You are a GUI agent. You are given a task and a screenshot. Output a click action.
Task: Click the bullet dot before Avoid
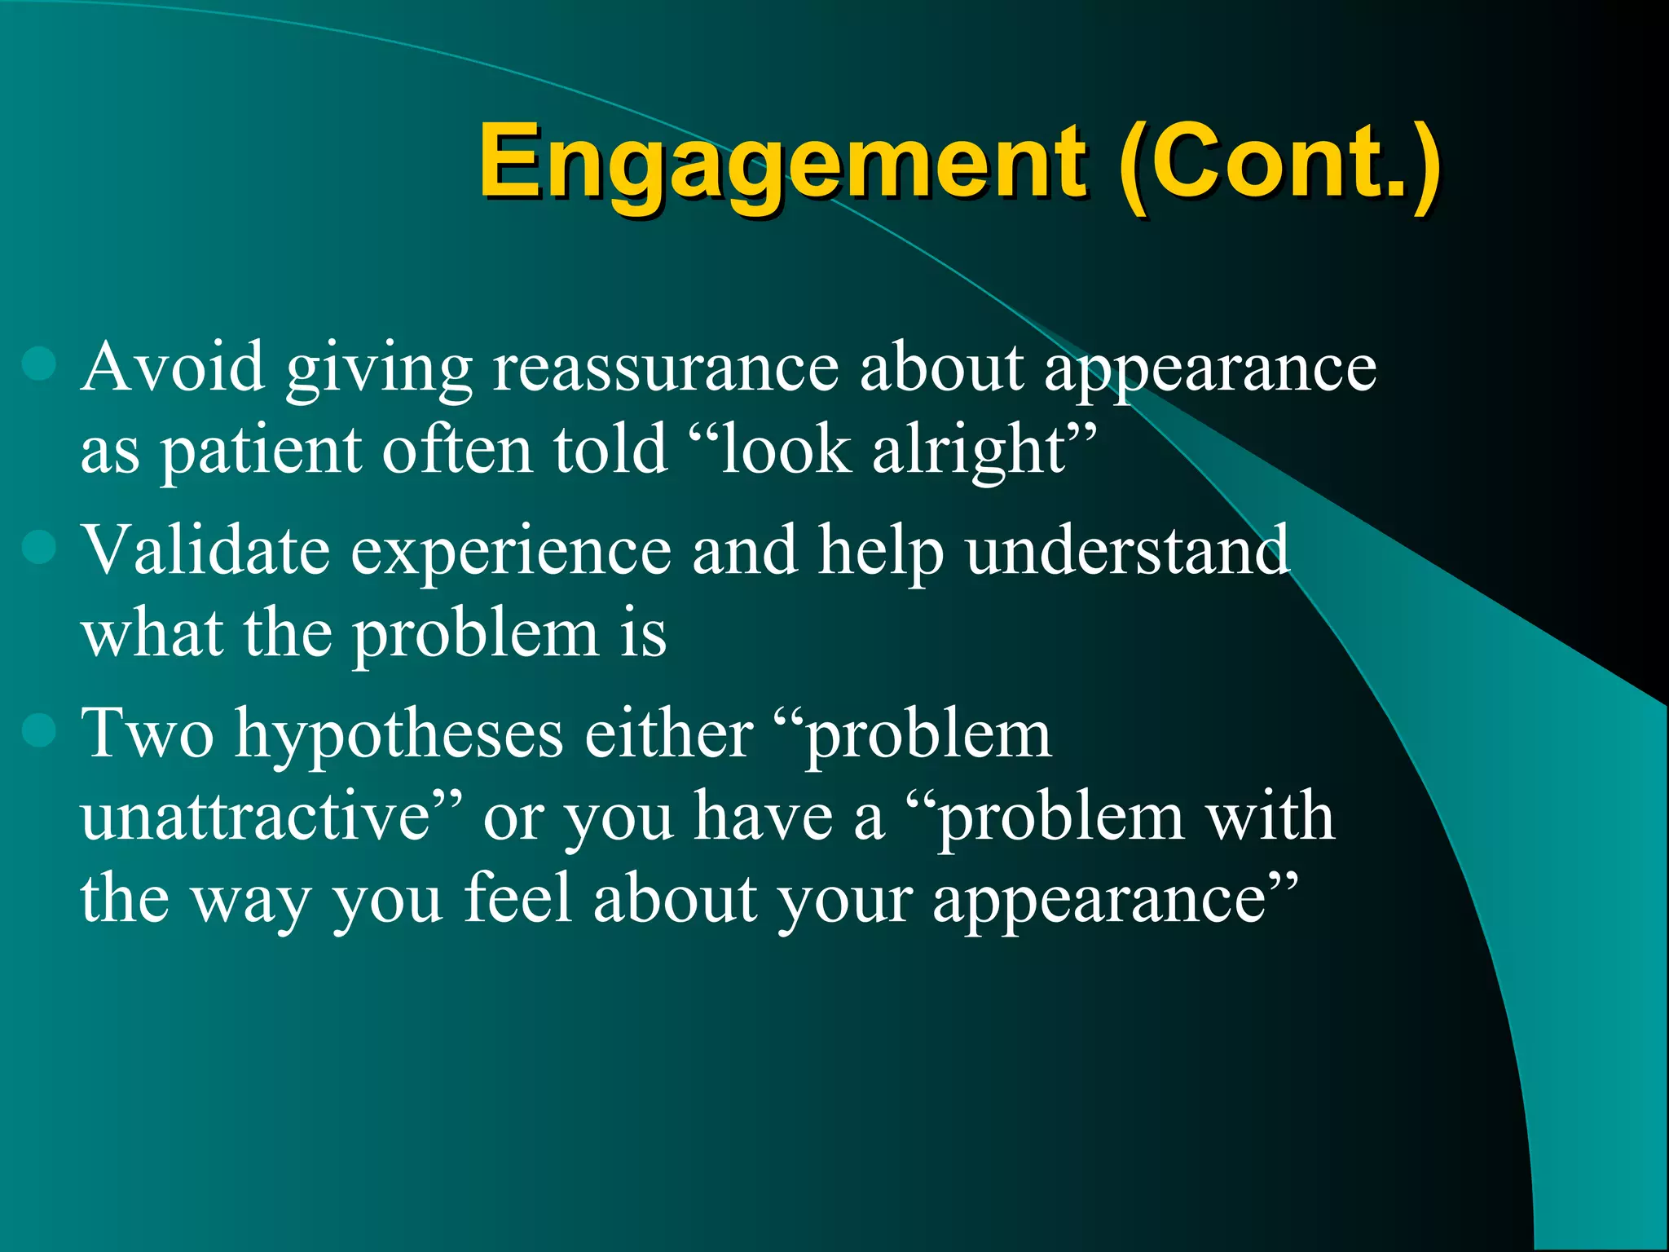point(39,364)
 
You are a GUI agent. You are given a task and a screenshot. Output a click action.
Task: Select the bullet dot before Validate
point(39,547)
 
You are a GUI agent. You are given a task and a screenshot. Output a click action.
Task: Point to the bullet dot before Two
point(39,730)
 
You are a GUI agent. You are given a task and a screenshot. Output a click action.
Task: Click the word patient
point(261,451)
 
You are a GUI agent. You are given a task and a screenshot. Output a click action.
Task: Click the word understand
point(1128,550)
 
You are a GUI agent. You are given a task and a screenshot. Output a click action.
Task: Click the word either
point(669,734)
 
